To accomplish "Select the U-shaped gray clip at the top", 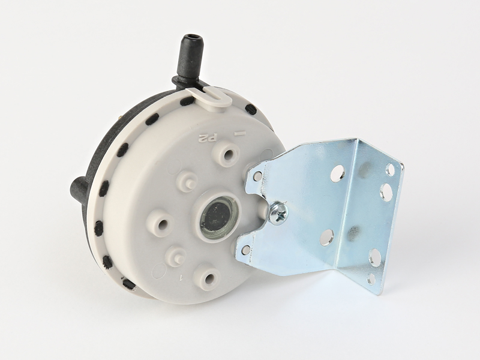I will tap(211, 96).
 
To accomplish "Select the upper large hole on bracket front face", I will tap(337, 173).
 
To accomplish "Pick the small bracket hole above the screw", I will tap(257, 176).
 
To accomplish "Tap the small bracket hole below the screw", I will tap(245, 250).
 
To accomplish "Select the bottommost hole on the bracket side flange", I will tap(371, 279).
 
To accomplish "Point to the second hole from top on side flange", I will tap(386, 192).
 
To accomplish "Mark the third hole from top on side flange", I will tap(374, 257).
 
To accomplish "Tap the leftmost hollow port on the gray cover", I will tap(161, 224).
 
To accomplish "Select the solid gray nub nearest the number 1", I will tap(176, 256).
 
